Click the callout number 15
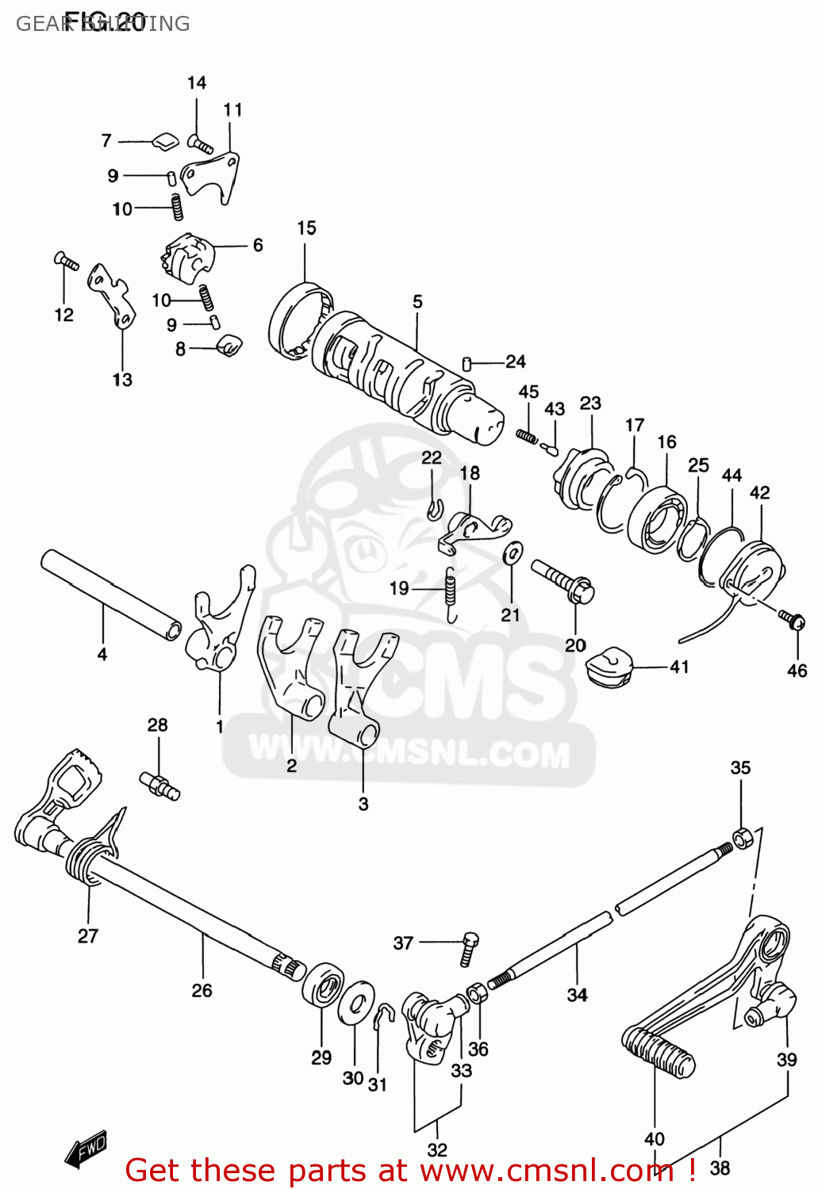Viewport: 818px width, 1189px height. coord(306,228)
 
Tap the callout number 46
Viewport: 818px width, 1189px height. coord(797,671)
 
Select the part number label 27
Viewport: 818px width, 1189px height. coord(88,935)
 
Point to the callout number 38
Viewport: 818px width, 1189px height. coord(720,1167)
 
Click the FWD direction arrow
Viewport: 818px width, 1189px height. coord(86,1149)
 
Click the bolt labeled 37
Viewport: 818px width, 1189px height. coord(468,948)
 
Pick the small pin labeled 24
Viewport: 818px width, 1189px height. coord(467,363)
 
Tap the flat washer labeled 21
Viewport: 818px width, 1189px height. coord(513,552)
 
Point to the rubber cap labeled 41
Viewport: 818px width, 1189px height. coord(610,666)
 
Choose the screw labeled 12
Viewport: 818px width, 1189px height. coord(67,261)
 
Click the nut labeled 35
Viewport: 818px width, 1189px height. coord(742,837)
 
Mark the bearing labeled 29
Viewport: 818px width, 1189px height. coord(322,984)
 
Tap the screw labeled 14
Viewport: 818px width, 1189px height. coord(200,144)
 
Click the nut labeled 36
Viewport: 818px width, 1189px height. coord(477,993)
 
